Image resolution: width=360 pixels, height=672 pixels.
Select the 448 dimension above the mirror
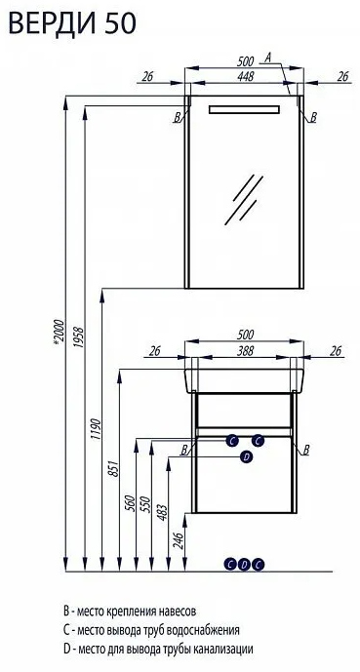[245, 76]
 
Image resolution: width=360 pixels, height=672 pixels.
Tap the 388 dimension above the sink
[245, 350]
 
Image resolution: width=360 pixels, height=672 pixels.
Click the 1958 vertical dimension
[79, 338]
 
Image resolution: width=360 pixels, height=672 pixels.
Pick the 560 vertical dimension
[131, 504]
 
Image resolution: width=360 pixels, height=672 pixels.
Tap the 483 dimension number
[164, 509]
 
